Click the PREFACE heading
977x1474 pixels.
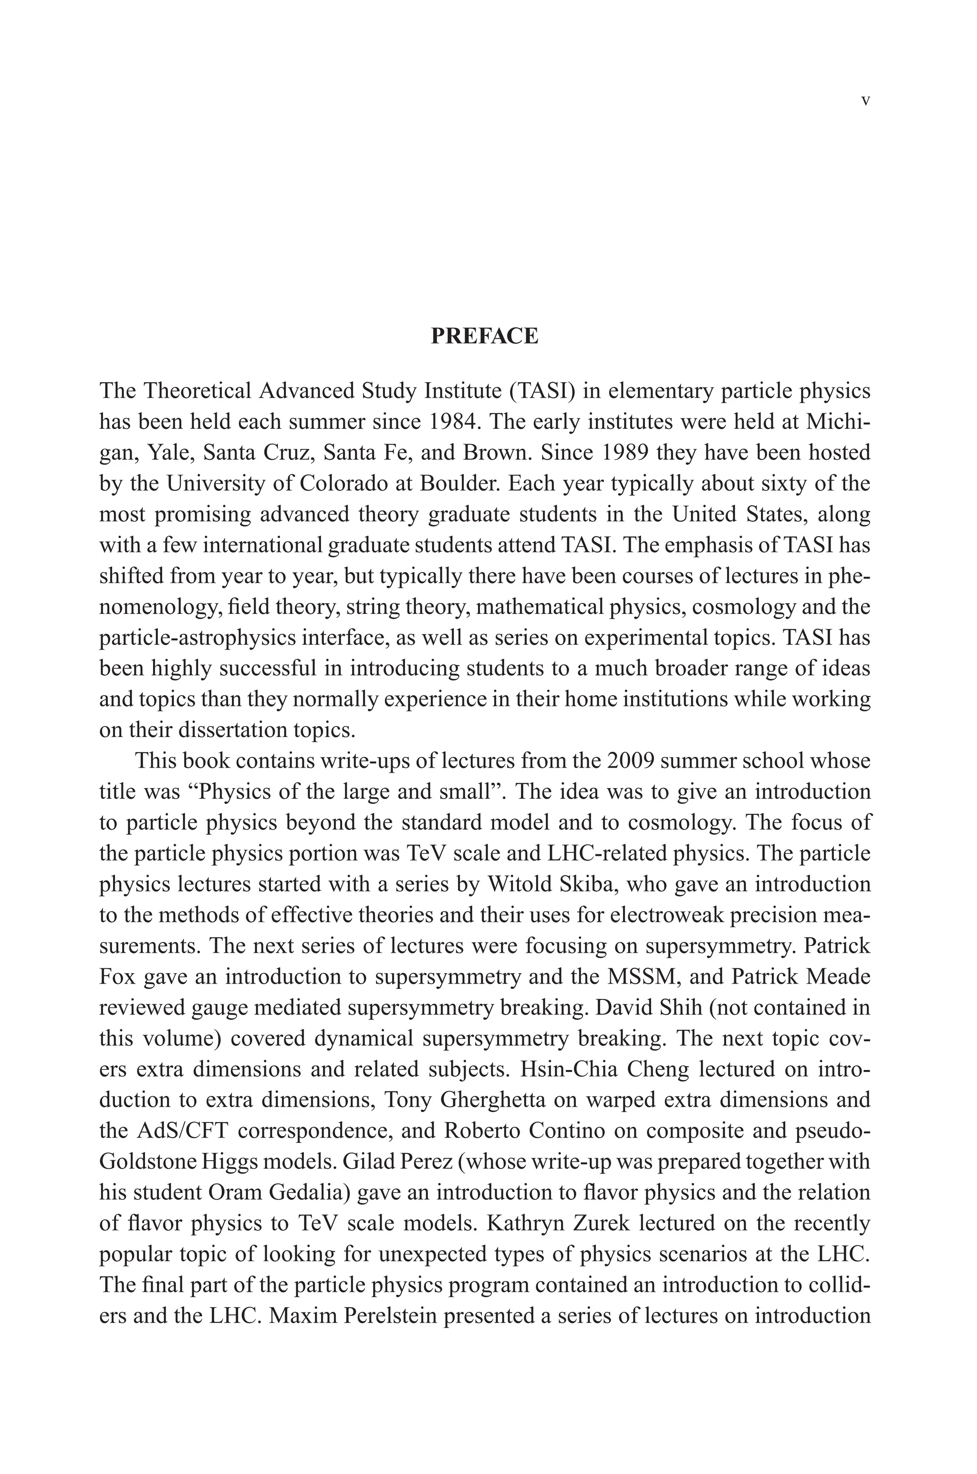coord(484,336)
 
